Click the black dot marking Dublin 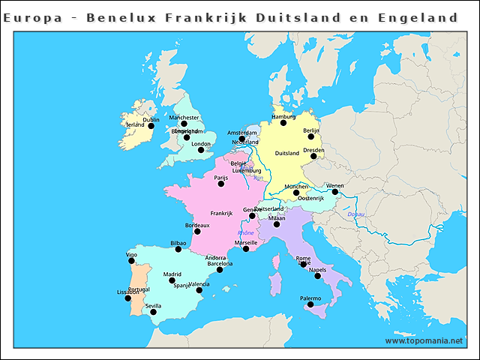[151, 126]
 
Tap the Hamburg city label [283, 117]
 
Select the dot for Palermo [310, 304]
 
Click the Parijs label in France [220, 178]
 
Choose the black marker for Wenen [335, 192]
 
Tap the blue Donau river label [355, 215]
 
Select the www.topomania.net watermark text [424, 340]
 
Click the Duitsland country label [287, 153]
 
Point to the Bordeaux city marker [198, 231]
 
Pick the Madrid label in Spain [172, 274]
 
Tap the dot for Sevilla [153, 312]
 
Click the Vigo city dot [132, 261]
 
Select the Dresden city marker [313, 156]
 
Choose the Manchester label [184, 118]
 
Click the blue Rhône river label [246, 233]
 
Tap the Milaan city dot [277, 224]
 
